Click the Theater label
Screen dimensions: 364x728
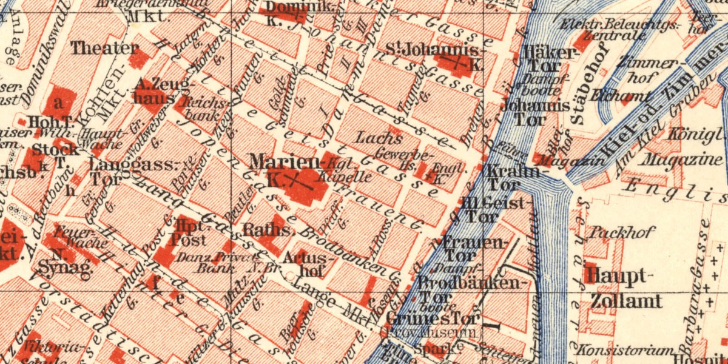click(x=104, y=48)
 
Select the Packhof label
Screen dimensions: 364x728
click(x=615, y=232)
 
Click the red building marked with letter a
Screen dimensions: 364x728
click(x=59, y=101)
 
